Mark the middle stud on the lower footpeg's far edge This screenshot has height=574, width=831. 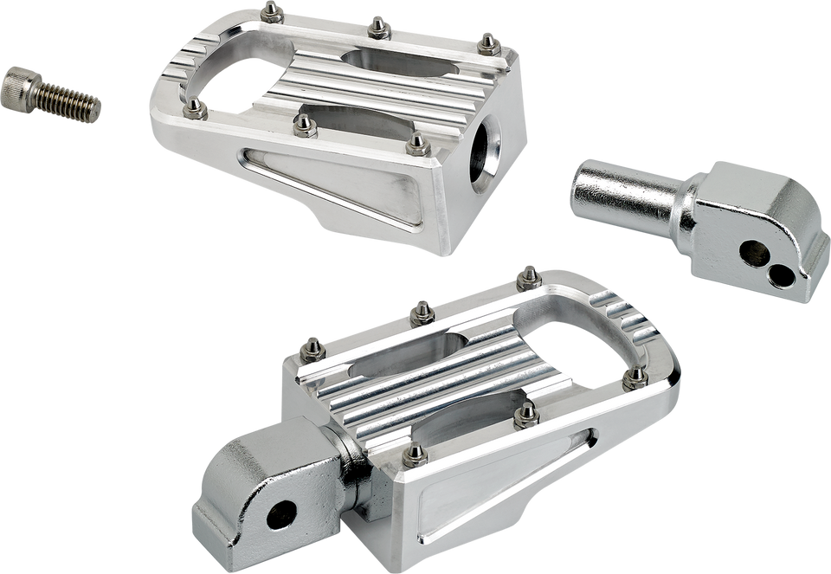point(423,309)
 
